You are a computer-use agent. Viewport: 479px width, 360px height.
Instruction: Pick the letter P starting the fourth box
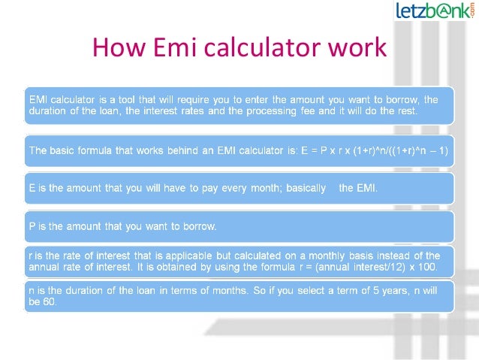[32, 226]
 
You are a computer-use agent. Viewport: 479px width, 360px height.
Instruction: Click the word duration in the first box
[51, 110]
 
